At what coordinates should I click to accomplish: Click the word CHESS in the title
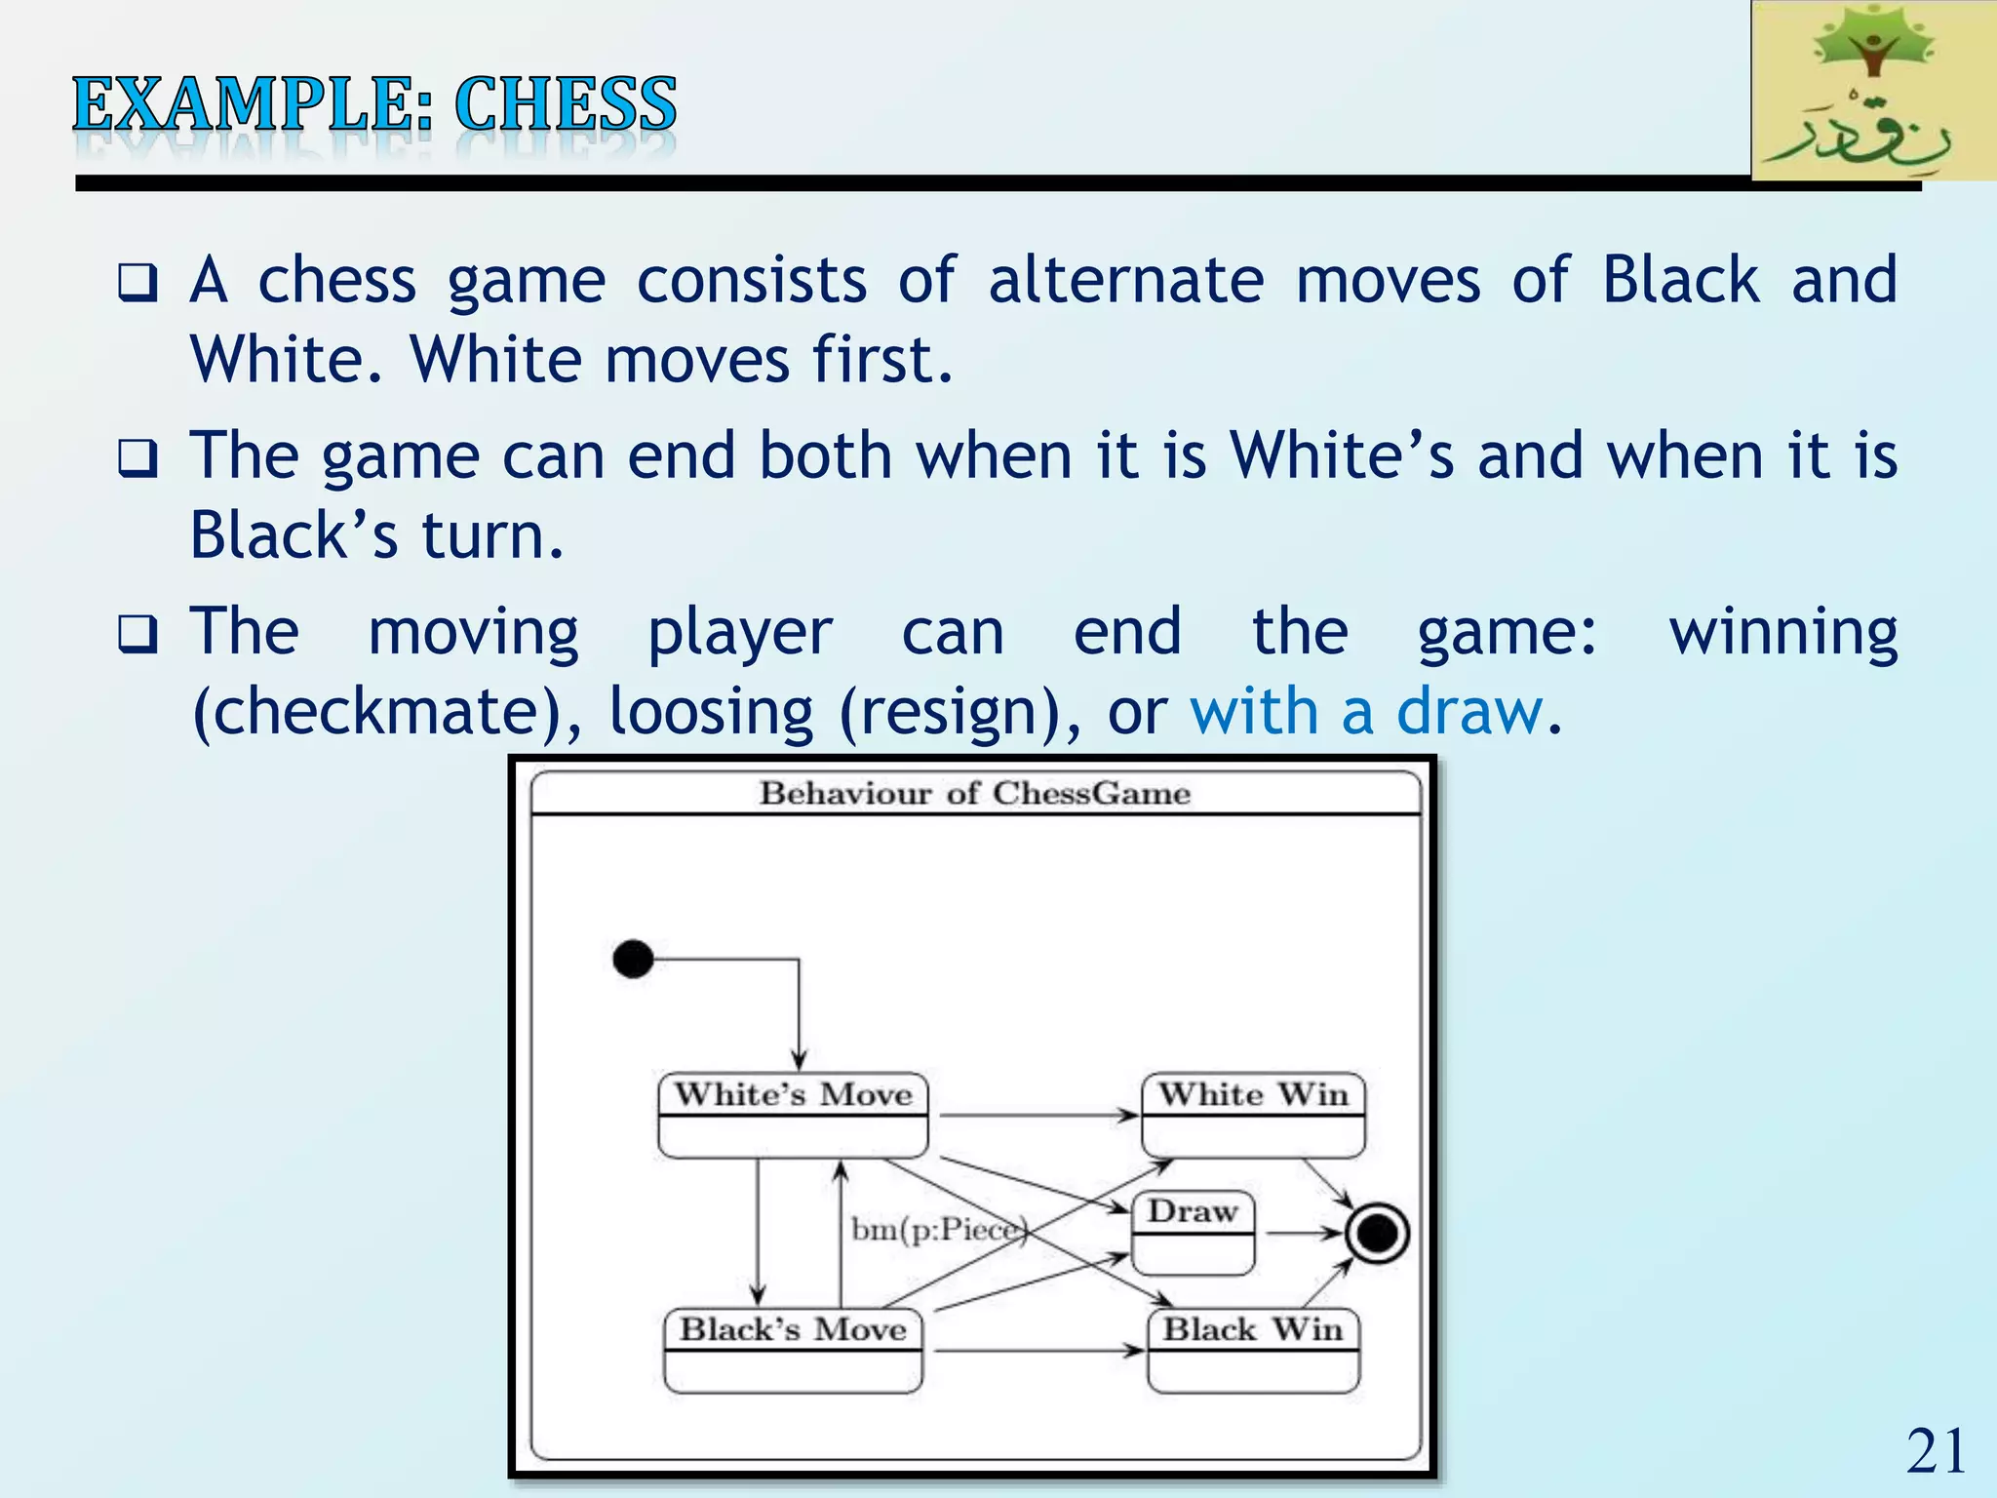click(565, 104)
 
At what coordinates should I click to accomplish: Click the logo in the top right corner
click(1872, 92)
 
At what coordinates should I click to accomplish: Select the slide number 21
click(1936, 1451)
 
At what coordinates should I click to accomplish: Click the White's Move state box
click(793, 1116)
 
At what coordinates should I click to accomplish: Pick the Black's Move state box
click(793, 1351)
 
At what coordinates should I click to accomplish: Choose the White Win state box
click(1253, 1116)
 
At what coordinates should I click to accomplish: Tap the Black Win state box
click(1253, 1351)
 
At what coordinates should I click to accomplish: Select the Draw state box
click(1193, 1233)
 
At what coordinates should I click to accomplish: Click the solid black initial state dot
click(633, 959)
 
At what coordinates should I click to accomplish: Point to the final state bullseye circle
click(1377, 1234)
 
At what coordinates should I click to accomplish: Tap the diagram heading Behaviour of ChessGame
click(975, 793)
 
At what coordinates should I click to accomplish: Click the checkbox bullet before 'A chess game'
click(137, 283)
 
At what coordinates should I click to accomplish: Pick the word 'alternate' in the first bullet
click(1125, 281)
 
